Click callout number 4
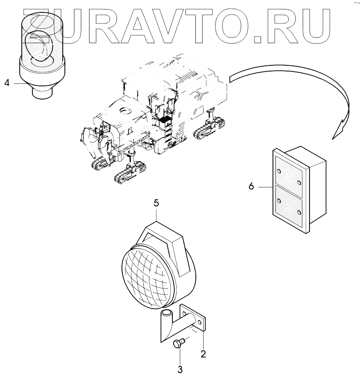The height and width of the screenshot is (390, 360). tap(7, 83)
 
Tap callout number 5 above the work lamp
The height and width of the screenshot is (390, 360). tap(156, 203)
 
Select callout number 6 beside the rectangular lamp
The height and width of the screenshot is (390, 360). tap(251, 186)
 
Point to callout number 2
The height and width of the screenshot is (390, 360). tap(203, 353)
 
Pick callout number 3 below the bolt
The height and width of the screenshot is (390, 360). tap(180, 369)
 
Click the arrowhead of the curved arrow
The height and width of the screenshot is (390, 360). tap(340, 127)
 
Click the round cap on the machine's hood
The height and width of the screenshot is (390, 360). tap(124, 111)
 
